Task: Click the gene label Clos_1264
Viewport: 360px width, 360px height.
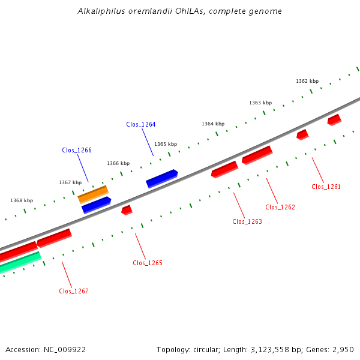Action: [140, 124]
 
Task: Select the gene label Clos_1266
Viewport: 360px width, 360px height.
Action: [77, 150]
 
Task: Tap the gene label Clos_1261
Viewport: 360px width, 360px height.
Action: [326, 187]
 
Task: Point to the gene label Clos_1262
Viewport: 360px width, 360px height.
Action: [280, 207]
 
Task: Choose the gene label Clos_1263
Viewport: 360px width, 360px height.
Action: [247, 221]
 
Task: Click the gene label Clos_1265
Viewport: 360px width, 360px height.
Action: [147, 263]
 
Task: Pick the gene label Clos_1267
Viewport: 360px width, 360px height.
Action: [74, 291]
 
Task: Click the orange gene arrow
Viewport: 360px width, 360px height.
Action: [93, 194]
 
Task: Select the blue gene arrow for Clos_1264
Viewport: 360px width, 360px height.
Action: [162, 178]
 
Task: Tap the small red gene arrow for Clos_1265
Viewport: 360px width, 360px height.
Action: [127, 210]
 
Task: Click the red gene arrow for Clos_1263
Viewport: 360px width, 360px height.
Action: [224, 169]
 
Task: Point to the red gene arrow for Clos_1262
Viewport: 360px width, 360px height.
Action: [257, 155]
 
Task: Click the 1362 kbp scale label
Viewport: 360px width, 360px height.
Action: [307, 81]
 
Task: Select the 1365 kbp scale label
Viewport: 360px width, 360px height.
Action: [166, 144]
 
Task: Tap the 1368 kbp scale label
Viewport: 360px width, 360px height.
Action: [22, 200]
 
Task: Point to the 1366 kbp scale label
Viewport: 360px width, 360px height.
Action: [118, 163]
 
